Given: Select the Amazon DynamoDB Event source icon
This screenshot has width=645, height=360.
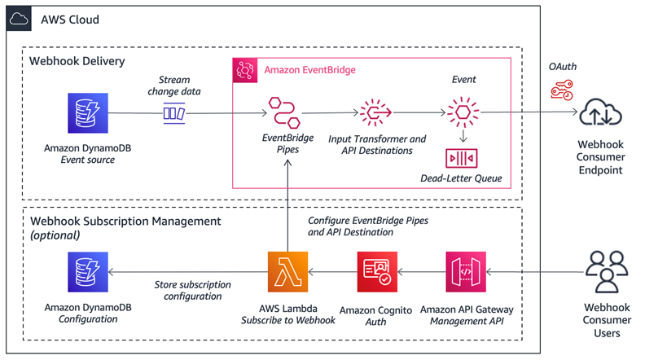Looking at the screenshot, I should click(86, 112).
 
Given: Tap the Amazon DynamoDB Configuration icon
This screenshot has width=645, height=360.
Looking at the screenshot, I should click(86, 272).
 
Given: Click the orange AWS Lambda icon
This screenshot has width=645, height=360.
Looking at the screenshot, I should click(287, 272).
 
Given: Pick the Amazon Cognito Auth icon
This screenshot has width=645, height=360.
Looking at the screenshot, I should click(377, 272).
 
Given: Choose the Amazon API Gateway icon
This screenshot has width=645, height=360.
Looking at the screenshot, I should click(466, 272).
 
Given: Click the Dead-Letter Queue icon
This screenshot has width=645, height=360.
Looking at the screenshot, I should click(462, 157).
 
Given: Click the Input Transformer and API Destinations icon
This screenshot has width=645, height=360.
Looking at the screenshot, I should click(376, 112).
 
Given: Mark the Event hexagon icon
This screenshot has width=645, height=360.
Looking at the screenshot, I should click(461, 112).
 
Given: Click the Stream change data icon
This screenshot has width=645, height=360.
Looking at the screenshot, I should click(174, 112).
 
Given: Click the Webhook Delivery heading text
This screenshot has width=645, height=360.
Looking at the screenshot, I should click(78, 61).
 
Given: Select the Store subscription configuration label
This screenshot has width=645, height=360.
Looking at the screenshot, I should click(192, 291).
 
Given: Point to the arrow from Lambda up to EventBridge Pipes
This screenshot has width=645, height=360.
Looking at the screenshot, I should click(287, 204).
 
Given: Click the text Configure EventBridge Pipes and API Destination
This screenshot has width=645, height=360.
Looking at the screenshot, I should click(368, 226).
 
